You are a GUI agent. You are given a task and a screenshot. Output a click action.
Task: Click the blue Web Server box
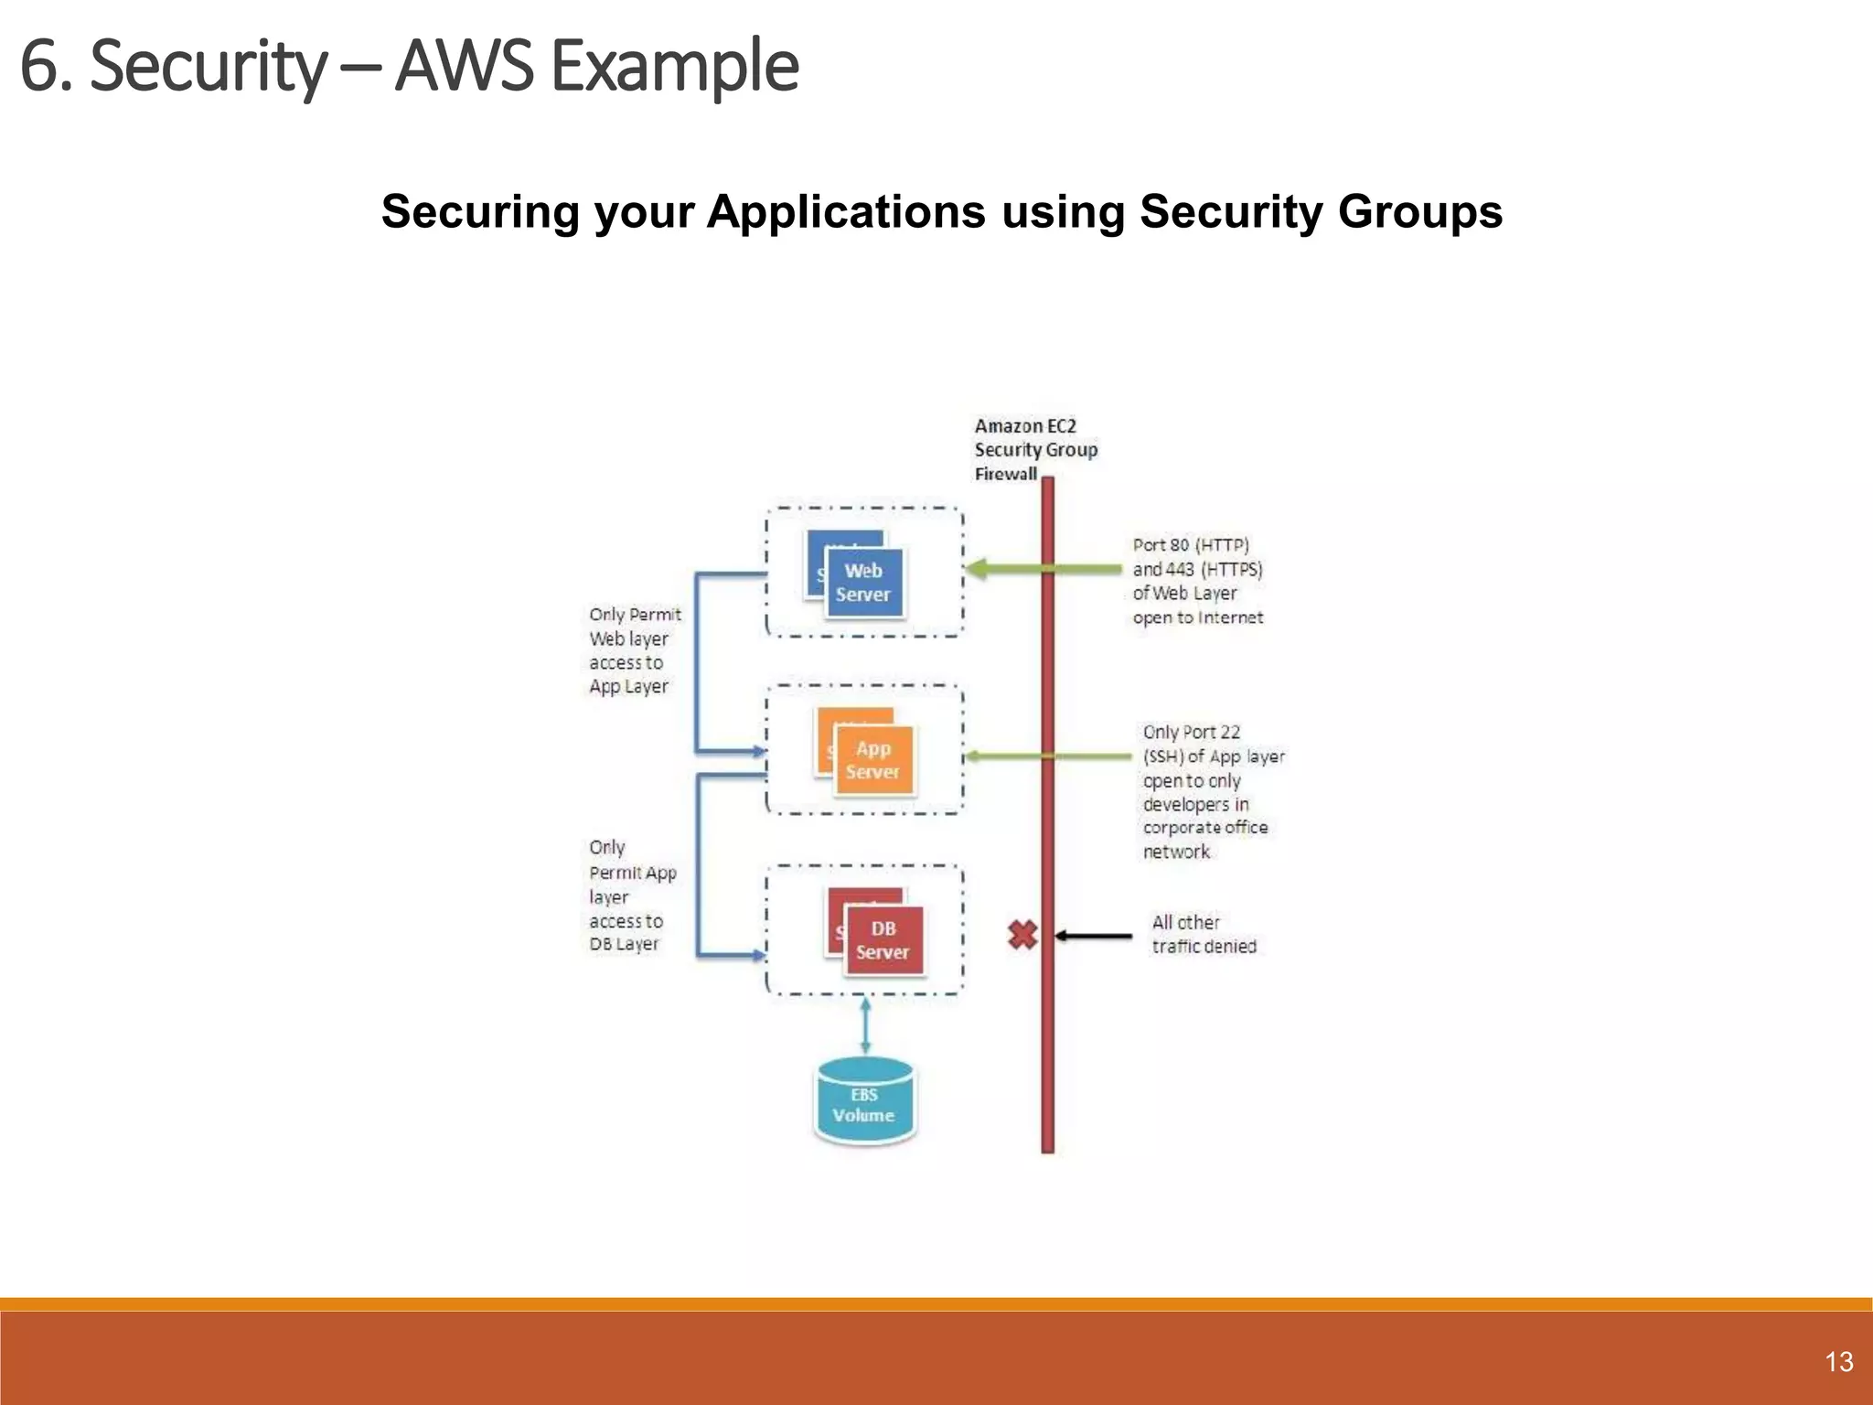click(x=863, y=582)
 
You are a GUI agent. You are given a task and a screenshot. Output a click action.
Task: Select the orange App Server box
click(x=873, y=760)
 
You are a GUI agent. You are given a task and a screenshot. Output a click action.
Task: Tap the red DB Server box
click(x=883, y=939)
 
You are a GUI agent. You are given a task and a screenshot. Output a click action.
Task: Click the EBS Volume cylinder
click(x=864, y=1103)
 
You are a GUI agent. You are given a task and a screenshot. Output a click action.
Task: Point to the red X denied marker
click(x=1022, y=935)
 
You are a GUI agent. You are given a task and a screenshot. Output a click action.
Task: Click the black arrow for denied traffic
click(x=1093, y=936)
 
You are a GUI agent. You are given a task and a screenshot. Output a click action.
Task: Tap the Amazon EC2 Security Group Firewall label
click(x=1033, y=449)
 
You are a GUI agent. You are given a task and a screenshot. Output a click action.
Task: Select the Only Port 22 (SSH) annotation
click(x=1212, y=791)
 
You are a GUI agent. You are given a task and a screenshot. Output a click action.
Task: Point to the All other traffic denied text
click(x=1203, y=934)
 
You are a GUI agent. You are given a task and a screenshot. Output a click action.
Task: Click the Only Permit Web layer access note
click(x=634, y=650)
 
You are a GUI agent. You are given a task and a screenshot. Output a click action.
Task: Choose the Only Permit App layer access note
click(x=631, y=896)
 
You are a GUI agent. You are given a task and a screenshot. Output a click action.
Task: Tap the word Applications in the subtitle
click(x=846, y=211)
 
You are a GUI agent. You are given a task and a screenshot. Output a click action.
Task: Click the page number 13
click(x=1838, y=1362)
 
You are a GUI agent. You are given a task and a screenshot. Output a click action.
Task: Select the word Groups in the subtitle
click(x=1419, y=211)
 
